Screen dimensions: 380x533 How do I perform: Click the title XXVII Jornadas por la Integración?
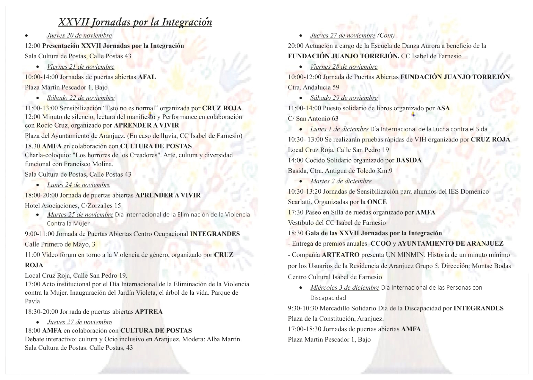(x=135, y=22)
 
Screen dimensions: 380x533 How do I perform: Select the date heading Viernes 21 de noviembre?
(x=81, y=67)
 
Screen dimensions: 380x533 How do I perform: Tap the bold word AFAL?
(x=147, y=77)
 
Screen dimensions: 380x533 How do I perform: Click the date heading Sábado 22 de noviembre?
(x=81, y=98)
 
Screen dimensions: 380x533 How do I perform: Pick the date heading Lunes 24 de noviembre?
(x=79, y=185)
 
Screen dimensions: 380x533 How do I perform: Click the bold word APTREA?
(x=149, y=312)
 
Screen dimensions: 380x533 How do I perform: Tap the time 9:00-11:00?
(x=39, y=234)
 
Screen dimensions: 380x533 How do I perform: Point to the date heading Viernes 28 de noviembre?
(x=344, y=67)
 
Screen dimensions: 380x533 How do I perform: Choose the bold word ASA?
(x=443, y=108)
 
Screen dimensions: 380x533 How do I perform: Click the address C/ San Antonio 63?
(x=313, y=119)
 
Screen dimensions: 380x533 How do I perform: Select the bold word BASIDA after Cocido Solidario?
(x=409, y=160)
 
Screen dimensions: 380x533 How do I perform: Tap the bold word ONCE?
(x=377, y=202)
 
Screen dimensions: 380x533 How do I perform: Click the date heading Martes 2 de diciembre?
(x=341, y=181)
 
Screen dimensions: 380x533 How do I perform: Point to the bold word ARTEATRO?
(x=341, y=255)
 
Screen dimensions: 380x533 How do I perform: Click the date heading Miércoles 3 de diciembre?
(x=345, y=288)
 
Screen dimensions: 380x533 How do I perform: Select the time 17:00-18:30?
(x=304, y=329)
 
